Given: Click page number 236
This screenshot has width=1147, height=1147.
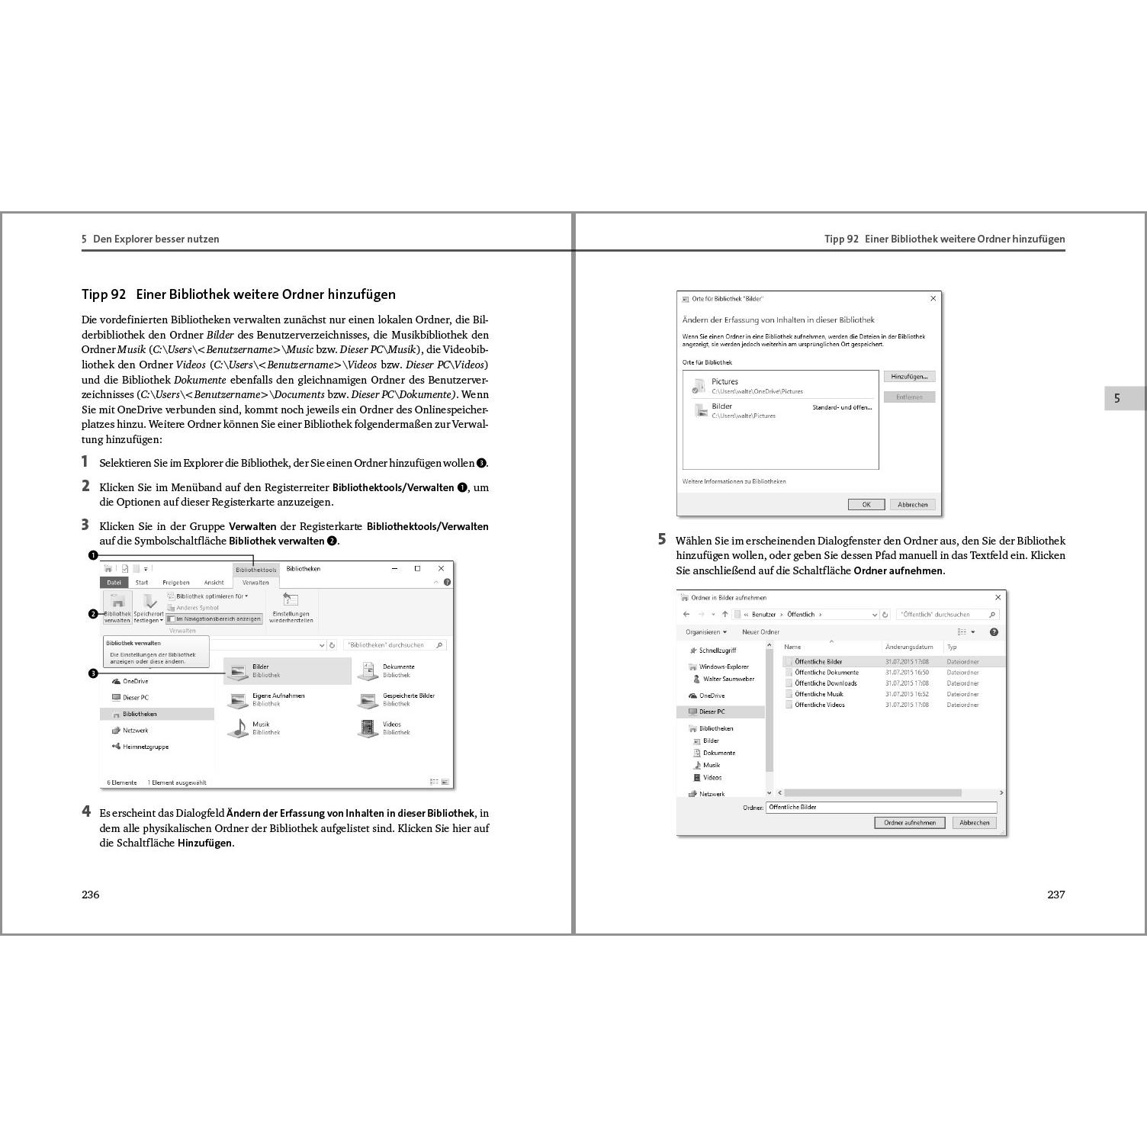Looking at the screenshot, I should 91,895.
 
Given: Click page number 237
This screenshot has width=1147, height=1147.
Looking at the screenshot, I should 1055,895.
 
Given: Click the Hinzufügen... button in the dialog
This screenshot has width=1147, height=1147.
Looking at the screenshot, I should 909,377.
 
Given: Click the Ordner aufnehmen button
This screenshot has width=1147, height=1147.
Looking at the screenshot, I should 909,823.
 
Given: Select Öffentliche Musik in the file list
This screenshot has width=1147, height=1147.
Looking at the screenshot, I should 818,694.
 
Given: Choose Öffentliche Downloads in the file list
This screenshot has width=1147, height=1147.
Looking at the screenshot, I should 825,683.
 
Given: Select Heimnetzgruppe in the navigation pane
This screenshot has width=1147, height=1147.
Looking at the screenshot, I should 145,747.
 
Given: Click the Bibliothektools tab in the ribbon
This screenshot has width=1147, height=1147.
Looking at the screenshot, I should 255,570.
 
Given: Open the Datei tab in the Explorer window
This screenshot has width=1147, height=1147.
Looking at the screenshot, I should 114,583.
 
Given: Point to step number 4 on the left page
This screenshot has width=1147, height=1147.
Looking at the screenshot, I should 86,811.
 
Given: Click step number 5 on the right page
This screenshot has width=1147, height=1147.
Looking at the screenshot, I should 662,539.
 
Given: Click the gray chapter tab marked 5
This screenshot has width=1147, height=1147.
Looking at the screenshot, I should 1117,398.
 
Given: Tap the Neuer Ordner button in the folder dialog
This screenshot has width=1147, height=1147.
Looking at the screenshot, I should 760,632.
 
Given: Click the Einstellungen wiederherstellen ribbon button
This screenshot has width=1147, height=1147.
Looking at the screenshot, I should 291,608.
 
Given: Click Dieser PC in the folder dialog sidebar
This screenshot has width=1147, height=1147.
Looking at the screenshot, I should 712,712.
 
